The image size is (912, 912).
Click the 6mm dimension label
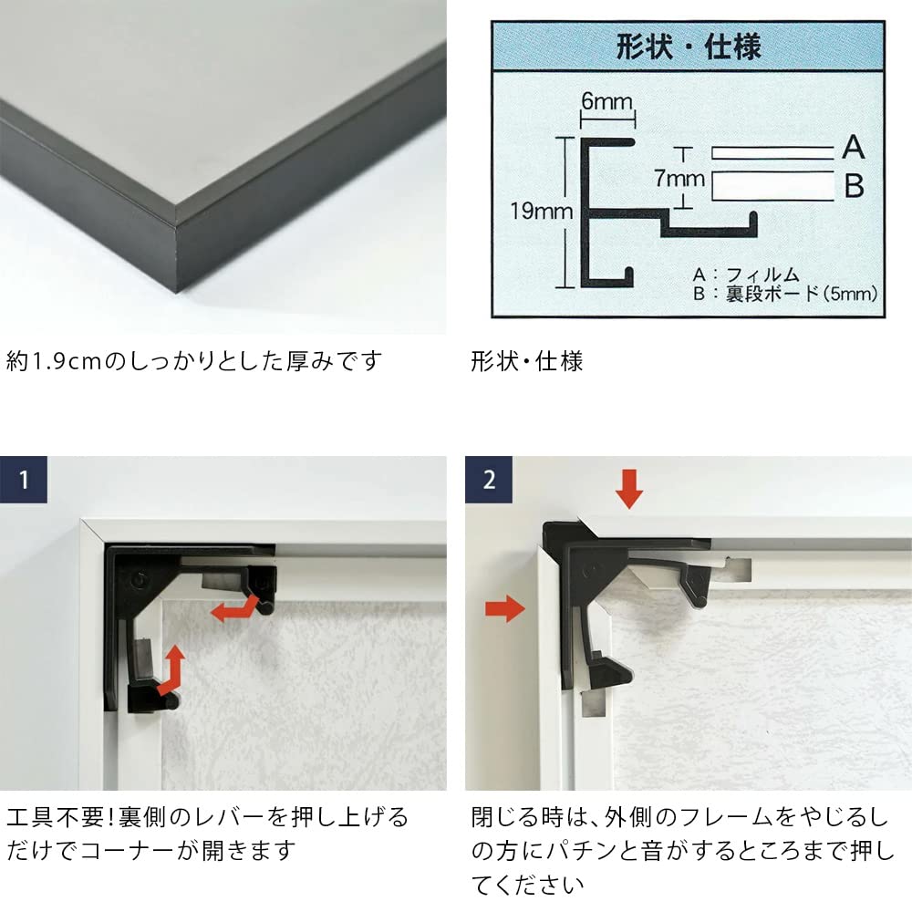point(606,102)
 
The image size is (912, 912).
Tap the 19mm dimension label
point(542,211)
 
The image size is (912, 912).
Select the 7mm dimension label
point(679,178)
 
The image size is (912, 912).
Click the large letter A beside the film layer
point(854,147)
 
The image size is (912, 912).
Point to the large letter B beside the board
point(854,186)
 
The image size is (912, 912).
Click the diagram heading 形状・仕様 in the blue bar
point(688,47)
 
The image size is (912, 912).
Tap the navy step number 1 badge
point(24,480)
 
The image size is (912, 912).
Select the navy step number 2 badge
point(489,480)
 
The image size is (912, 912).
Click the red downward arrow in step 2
point(628,489)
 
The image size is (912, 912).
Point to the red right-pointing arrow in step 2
point(505,609)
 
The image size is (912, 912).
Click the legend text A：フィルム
point(746,275)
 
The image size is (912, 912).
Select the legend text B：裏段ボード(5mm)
point(785,294)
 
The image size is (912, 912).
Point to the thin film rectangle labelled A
point(773,153)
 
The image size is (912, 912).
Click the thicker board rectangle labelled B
point(773,186)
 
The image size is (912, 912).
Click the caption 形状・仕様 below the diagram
point(527,361)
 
